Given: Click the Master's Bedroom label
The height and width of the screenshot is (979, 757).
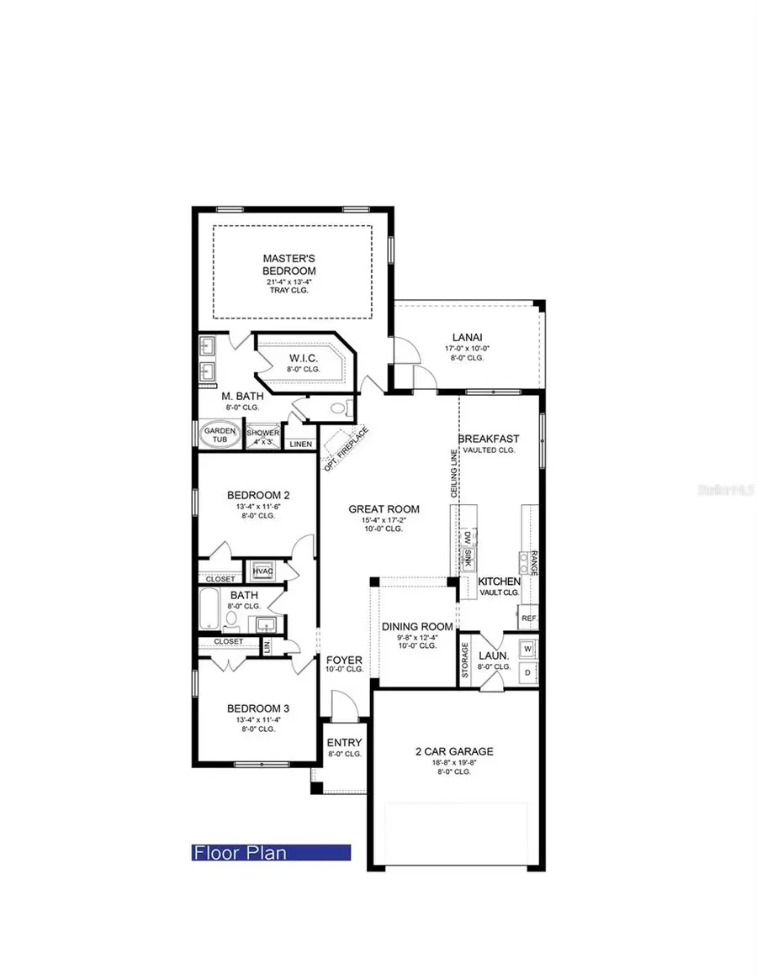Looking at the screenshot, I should pyautogui.click(x=289, y=265).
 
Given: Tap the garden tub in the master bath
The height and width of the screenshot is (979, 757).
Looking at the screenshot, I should pyautogui.click(x=220, y=434).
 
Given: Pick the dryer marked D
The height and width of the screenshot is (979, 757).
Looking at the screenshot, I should pyautogui.click(x=527, y=673).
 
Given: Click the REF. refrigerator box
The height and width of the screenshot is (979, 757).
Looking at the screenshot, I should pyautogui.click(x=528, y=618).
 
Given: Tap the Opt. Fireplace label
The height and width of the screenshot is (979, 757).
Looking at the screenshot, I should pyautogui.click(x=341, y=450).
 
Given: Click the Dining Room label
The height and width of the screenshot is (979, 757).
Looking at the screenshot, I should pyautogui.click(x=417, y=627).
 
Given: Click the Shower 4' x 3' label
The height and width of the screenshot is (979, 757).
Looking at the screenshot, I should pyautogui.click(x=262, y=437).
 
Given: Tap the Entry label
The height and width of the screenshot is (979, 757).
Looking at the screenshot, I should pyautogui.click(x=344, y=743).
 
